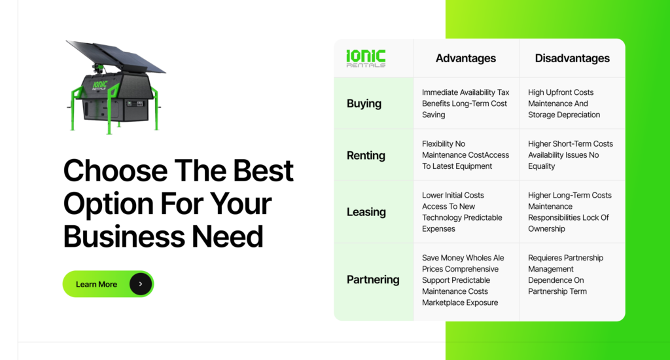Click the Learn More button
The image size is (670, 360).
tap(108, 284)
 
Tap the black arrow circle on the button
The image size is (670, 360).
tap(141, 284)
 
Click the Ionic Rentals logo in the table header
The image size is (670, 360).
tap(366, 58)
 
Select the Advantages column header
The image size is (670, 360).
tap(466, 58)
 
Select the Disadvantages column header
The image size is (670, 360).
tap(572, 58)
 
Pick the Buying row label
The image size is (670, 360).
tap(364, 103)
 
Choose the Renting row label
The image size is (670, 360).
tap(366, 155)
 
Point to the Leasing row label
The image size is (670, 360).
tap(366, 211)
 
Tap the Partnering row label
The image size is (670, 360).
tap(373, 279)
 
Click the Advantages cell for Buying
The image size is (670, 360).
tap(466, 103)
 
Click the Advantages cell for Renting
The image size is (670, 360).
tap(466, 154)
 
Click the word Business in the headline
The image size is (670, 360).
tap(124, 236)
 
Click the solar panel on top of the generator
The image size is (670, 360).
tap(115, 56)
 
